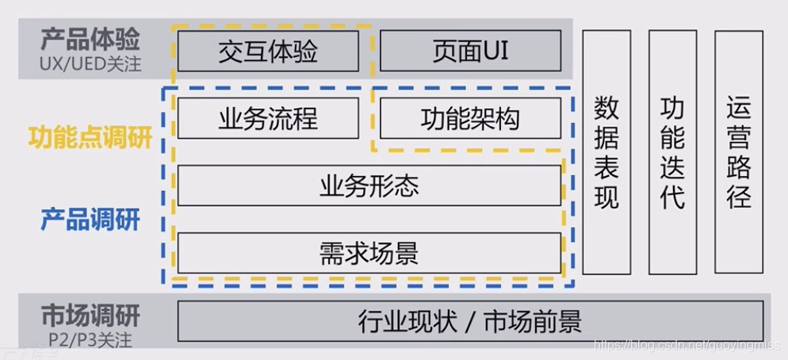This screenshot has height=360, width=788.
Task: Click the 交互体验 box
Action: point(268,52)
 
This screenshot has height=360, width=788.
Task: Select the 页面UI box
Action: point(470,52)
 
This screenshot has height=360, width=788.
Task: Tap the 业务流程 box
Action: point(268,119)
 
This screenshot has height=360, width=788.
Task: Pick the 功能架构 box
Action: point(470,119)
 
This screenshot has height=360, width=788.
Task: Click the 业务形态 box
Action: point(369,186)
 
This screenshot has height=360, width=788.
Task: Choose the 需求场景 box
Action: point(369,254)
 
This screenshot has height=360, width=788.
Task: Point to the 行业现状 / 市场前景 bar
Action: point(470,321)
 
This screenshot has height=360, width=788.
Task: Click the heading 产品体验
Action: point(90,39)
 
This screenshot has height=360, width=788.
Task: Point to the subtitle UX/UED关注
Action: point(90,63)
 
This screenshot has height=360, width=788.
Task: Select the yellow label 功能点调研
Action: point(90,138)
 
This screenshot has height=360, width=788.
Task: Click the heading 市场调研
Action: point(90,316)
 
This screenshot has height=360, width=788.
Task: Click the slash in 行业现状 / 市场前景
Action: point(470,322)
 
